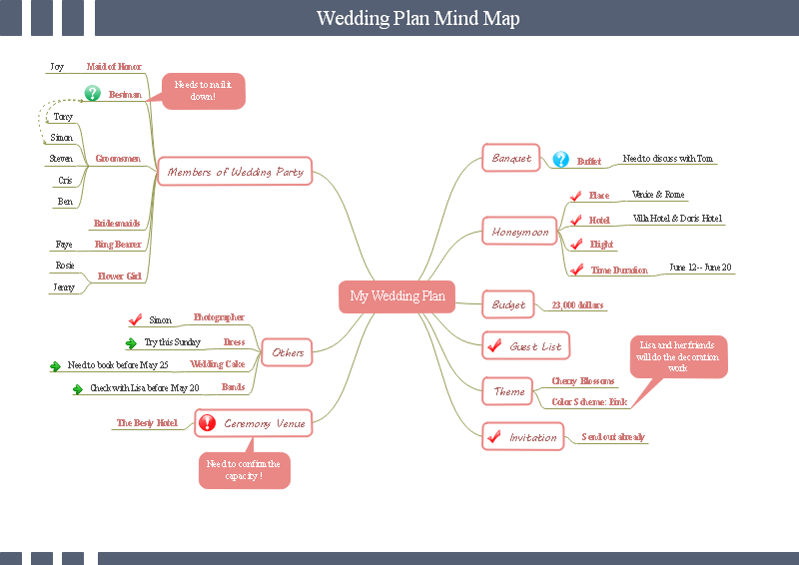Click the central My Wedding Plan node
[398, 295]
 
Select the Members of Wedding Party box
[236, 172]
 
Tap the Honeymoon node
[520, 232]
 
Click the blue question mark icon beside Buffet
[560, 160]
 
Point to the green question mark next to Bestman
[93, 94]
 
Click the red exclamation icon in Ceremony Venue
[207, 423]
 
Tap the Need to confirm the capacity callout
[244, 470]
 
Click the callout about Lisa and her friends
[677, 356]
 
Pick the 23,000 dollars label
[577, 305]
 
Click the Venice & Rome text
[658, 195]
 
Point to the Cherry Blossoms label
[583, 381]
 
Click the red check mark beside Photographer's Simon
[136, 319]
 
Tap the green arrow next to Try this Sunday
[131, 342]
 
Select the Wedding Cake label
[217, 364]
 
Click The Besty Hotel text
[147, 423]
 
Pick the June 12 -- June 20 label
[700, 268]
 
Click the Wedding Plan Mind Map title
[417, 18]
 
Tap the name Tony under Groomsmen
[63, 117]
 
